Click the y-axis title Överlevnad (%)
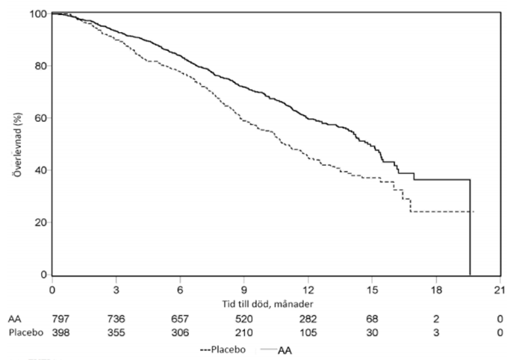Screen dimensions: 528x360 click(x=18, y=144)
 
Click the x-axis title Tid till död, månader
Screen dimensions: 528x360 click(x=267, y=304)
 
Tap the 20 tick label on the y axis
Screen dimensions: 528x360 click(x=41, y=223)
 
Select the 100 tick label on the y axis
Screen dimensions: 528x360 click(x=38, y=14)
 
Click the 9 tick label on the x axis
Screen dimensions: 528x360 click(x=244, y=290)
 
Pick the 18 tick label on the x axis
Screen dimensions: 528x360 click(x=436, y=290)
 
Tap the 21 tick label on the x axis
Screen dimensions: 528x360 click(x=500, y=290)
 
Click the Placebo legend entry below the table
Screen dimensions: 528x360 click(x=223, y=350)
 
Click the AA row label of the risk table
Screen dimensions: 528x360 click(x=14, y=319)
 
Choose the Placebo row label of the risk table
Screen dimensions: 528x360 click(x=26, y=332)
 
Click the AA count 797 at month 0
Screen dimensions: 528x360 click(x=60, y=319)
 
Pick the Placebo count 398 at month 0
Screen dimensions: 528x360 click(x=60, y=332)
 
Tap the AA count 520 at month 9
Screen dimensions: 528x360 click(x=244, y=319)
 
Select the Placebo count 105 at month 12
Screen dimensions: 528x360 click(x=308, y=332)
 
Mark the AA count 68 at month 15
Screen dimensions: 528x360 click(x=372, y=319)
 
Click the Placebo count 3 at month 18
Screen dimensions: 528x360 click(x=436, y=332)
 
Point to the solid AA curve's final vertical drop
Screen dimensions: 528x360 click(x=470, y=227)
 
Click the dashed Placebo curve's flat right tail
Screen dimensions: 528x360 click(x=442, y=211)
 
